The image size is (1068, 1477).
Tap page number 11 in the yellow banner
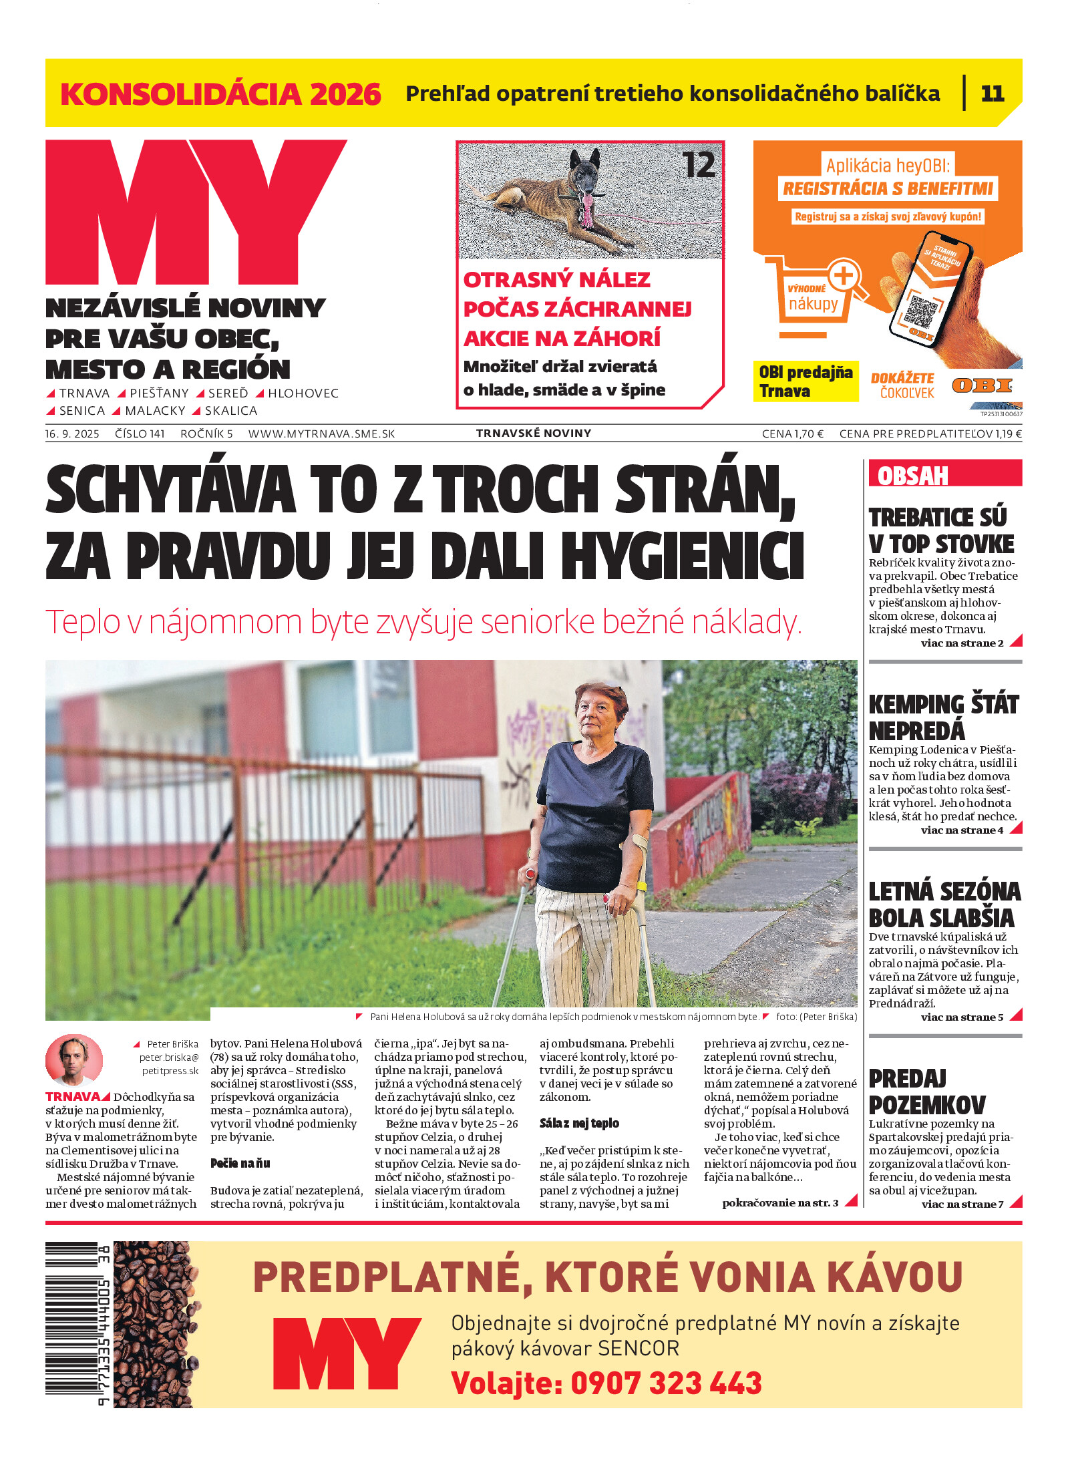992,94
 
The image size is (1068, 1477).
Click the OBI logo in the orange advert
981,385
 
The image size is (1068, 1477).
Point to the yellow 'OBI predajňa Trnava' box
805,381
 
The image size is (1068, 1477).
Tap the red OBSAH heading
912,476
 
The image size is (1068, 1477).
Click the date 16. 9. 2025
72,434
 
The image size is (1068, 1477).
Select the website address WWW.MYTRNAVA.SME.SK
321,434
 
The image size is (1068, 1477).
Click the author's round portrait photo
74,1059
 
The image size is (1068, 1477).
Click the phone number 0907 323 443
666,1383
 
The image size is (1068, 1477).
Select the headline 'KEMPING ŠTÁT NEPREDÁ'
943,717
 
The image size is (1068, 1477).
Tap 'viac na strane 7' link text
962,1204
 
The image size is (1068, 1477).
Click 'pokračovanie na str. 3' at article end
779,1202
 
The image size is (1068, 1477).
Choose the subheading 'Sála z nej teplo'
579,1123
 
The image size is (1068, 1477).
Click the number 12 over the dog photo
699,165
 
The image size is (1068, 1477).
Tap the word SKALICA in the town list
230,410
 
